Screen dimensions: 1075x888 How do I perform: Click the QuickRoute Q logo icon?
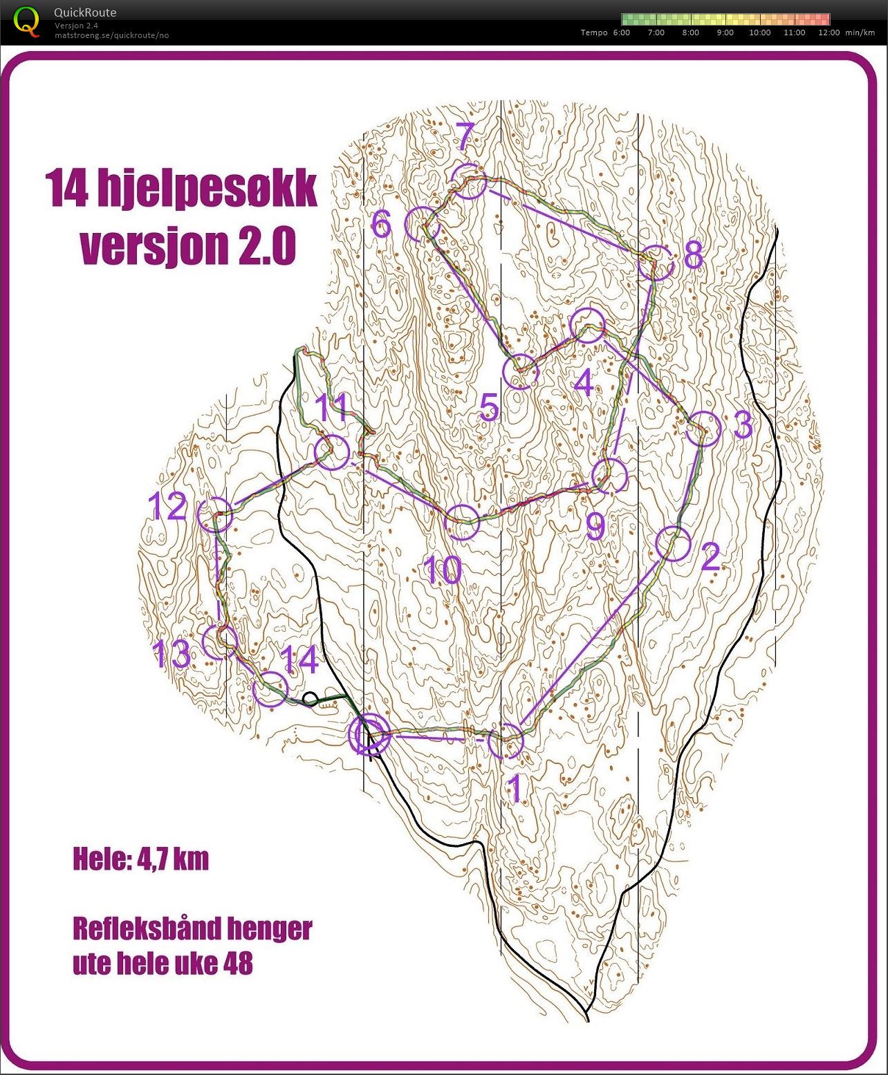[26, 21]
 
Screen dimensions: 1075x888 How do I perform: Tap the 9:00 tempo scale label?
[725, 32]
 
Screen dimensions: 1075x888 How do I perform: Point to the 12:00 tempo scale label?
[829, 32]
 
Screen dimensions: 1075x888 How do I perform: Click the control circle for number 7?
[469, 182]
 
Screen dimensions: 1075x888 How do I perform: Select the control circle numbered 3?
[704, 429]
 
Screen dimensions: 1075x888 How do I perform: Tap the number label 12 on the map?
[169, 507]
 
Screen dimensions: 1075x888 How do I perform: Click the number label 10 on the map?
[443, 570]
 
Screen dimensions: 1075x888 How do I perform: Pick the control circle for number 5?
[520, 373]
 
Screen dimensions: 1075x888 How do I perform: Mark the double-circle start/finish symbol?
[369, 735]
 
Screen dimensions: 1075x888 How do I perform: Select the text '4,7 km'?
[173, 859]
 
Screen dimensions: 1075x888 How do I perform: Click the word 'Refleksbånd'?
[138, 928]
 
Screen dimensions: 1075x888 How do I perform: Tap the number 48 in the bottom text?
[238, 963]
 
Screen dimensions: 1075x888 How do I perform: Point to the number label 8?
[693, 255]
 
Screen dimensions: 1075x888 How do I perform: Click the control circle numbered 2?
[673, 544]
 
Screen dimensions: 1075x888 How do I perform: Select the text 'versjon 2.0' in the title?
[188, 246]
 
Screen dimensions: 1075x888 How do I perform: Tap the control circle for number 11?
[332, 452]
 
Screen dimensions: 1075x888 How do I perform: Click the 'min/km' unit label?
[860, 32]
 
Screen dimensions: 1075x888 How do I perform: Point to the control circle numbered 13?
[219, 642]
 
